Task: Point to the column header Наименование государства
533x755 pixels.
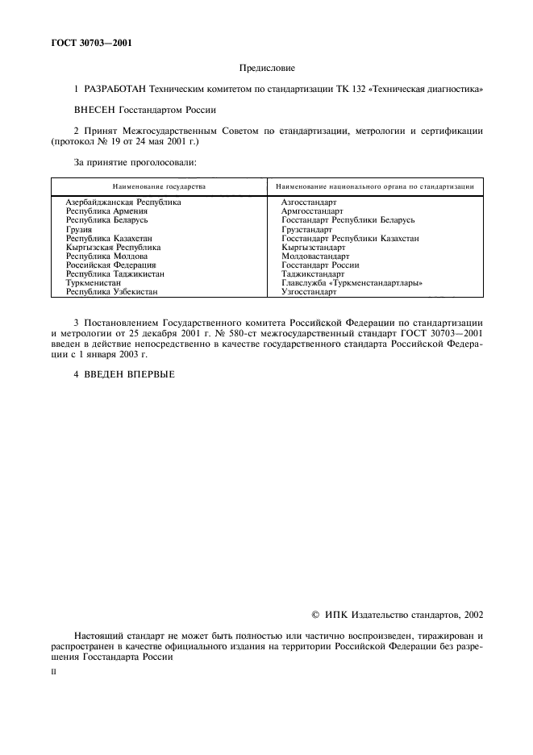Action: pos(159,186)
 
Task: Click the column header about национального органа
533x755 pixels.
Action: pos(374,186)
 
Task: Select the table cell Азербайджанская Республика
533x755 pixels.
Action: pos(123,202)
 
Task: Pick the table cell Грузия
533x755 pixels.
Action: pos(78,229)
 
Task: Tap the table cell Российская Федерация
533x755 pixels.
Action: pos(110,265)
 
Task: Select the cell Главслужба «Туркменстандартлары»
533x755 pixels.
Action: pos(352,283)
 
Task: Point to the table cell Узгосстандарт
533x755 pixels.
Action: pos(309,292)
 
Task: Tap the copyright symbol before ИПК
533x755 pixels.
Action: pos(316,615)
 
